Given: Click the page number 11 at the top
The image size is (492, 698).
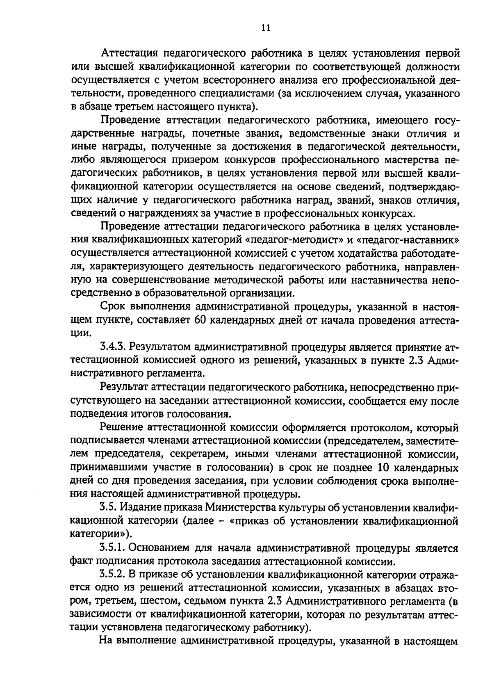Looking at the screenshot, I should (265, 28).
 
